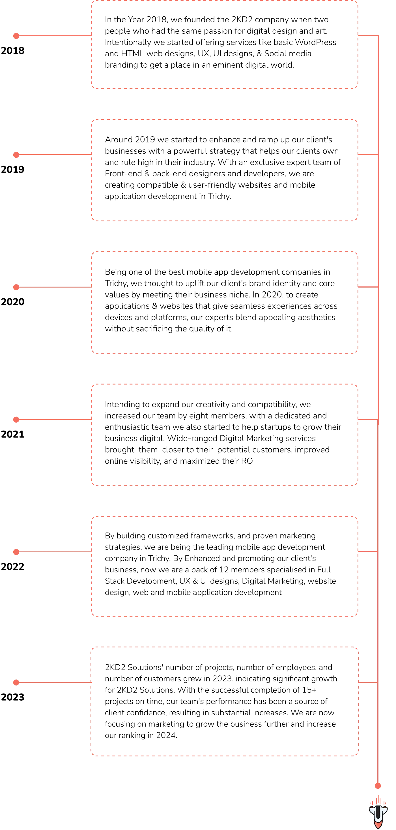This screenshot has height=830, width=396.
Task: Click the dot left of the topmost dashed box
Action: point(16,36)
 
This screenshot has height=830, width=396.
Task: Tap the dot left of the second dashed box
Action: point(16,155)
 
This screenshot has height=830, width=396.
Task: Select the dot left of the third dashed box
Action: point(16,287)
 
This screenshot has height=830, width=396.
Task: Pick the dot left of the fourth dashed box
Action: point(16,419)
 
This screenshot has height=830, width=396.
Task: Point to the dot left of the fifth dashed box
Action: point(16,552)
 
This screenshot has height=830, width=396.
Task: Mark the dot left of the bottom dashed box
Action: point(16,683)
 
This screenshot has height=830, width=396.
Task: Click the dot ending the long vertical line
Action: point(378,786)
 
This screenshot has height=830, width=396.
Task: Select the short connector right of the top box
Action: point(367,35)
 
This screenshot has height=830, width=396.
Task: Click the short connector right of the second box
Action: point(367,155)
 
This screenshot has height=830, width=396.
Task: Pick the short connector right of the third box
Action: point(367,286)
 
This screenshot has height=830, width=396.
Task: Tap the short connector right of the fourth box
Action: point(367,419)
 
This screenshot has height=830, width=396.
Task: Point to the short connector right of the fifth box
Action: point(367,552)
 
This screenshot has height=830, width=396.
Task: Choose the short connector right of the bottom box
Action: point(367,683)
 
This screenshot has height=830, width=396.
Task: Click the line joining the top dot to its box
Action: point(55,35)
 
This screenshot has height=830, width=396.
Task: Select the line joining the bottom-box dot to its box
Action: point(55,683)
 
